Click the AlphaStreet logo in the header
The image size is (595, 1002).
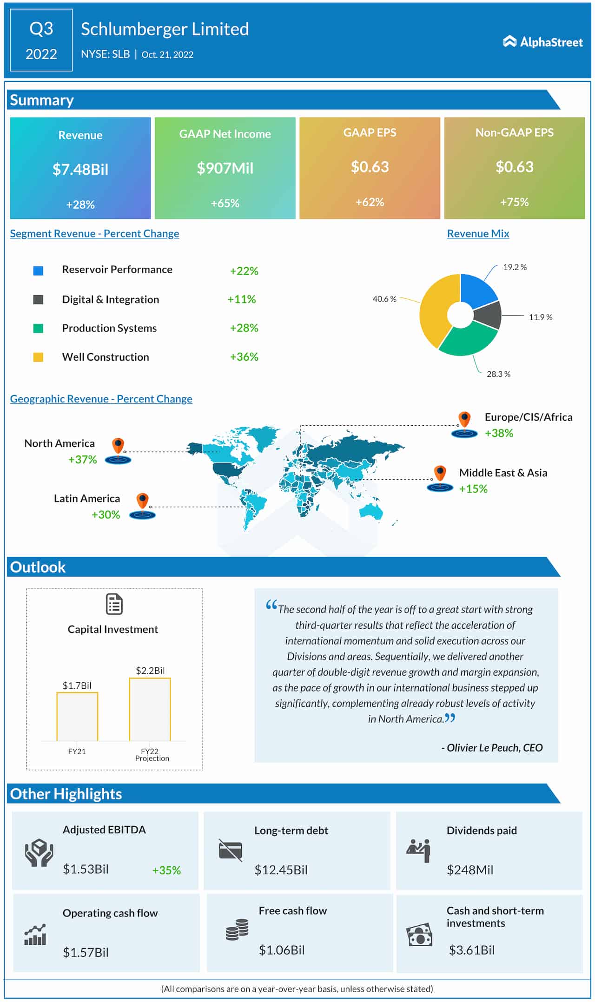click(x=542, y=42)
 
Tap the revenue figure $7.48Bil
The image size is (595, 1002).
click(x=80, y=169)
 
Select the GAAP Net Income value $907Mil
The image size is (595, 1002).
click(x=225, y=168)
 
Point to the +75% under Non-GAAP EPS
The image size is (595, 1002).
click(x=514, y=202)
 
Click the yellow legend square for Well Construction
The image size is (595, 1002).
click(x=38, y=357)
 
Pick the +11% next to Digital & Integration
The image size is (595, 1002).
click(x=242, y=299)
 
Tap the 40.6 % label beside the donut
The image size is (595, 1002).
click(x=384, y=299)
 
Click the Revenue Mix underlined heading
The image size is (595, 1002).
click(x=478, y=234)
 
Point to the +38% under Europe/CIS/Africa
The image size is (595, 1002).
click(x=499, y=433)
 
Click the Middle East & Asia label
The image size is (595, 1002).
click(x=503, y=473)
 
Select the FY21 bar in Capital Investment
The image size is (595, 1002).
click(x=77, y=716)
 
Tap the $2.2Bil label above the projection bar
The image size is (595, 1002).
click(x=150, y=670)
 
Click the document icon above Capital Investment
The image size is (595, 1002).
click(x=114, y=604)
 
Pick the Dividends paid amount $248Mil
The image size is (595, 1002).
click(x=470, y=870)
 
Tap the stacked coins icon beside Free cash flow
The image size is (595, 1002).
click(x=237, y=929)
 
